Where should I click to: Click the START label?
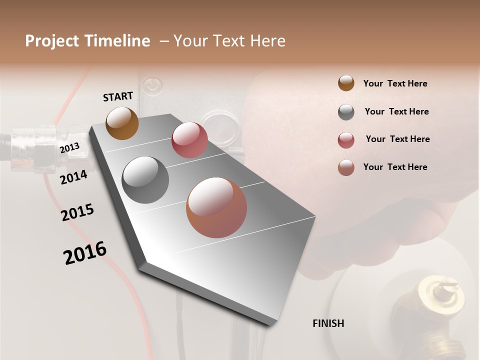click(x=118, y=96)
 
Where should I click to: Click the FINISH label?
click(x=328, y=323)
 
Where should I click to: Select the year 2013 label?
click(x=69, y=147)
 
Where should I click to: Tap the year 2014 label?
click(x=73, y=177)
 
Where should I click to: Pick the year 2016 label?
click(x=85, y=252)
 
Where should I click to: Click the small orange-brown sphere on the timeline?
click(x=122, y=123)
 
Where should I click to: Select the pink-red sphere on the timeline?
click(x=189, y=140)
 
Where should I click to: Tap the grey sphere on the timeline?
click(x=145, y=180)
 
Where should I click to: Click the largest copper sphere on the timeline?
click(x=216, y=207)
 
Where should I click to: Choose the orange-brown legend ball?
click(x=346, y=83)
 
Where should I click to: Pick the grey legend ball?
click(x=346, y=112)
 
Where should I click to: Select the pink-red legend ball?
click(x=346, y=140)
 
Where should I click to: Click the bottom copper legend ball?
click(x=346, y=167)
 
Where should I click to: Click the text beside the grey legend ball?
click(x=396, y=111)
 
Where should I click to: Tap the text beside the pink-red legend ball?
click(x=397, y=139)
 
